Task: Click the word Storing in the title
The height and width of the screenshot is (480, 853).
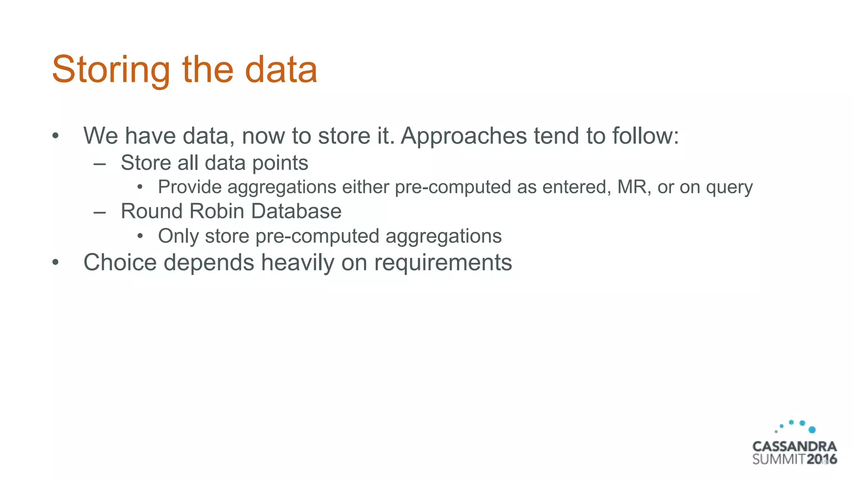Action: (x=111, y=70)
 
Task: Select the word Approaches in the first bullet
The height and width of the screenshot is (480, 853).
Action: (x=464, y=136)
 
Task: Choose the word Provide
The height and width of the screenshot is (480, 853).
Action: (x=190, y=187)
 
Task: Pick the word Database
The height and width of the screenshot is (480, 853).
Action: (x=296, y=211)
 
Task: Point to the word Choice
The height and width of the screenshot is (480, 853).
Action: (x=120, y=262)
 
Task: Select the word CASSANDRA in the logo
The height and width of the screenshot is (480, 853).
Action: (x=794, y=447)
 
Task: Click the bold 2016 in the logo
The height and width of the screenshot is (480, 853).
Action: (x=822, y=460)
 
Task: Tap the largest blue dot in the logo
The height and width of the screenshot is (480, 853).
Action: (x=812, y=430)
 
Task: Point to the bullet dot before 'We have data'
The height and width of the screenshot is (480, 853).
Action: (x=55, y=136)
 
